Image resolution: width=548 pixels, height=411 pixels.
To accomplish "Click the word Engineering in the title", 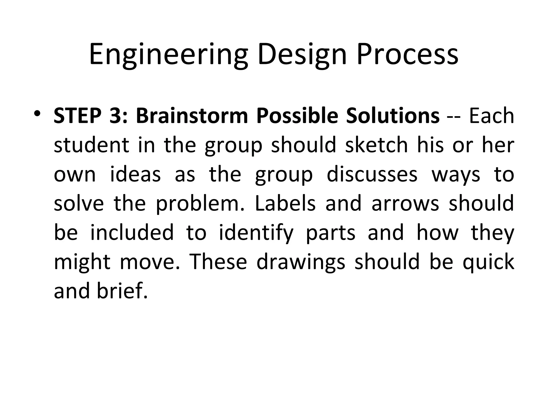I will pos(168,55).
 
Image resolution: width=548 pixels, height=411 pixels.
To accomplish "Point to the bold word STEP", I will pos(78,116).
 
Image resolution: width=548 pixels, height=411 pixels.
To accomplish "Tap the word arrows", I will pos(405,204).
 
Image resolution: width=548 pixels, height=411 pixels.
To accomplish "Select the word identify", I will pos(256,233).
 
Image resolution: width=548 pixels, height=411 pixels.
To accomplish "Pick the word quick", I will pos(489,262).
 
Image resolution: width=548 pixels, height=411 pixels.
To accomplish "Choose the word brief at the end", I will pos(122,291).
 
